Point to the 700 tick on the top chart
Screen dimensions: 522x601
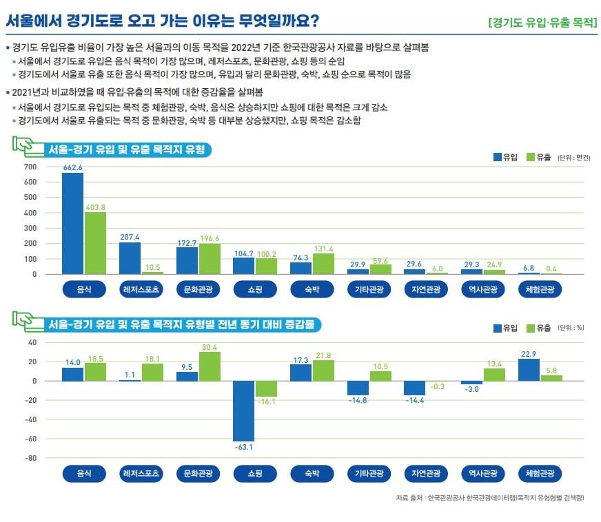30,167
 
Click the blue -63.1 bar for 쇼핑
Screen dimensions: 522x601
243,410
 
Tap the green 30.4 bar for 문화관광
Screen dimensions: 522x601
210,366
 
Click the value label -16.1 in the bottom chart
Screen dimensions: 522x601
266,401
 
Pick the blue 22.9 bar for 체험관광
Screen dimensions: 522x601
529,370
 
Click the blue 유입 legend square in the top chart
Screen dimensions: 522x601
498,157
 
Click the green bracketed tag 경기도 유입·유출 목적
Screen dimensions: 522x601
541,21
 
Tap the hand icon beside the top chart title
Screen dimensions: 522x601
24,146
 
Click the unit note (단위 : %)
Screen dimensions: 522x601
571,328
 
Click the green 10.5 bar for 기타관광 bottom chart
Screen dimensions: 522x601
380,376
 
